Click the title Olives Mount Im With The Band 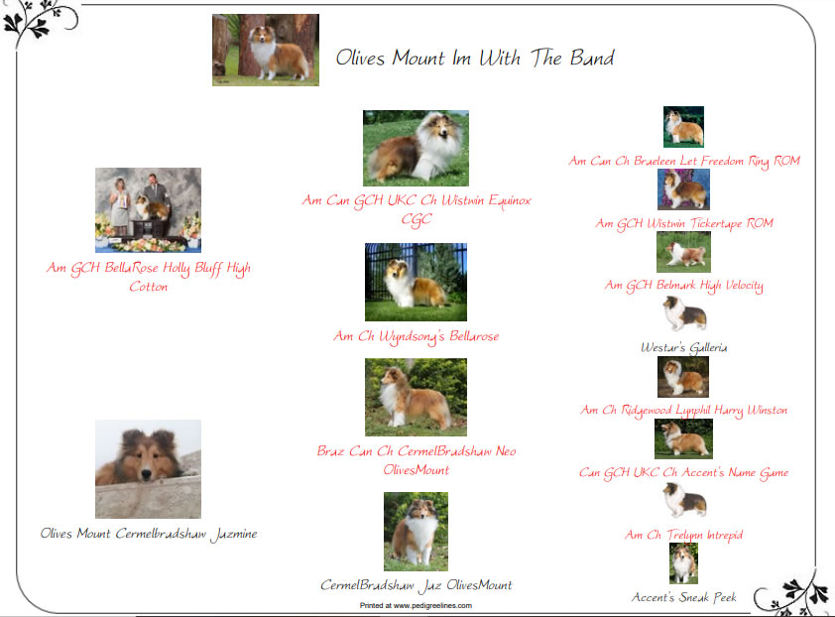click(x=475, y=58)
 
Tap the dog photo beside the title click(x=266, y=50)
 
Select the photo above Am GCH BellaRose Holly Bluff click(x=148, y=210)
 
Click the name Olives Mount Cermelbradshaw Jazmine click(x=149, y=534)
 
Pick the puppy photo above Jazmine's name click(x=148, y=469)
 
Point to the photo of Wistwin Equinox click(x=416, y=148)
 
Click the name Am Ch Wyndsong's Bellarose click(x=416, y=336)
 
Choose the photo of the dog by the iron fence click(x=416, y=282)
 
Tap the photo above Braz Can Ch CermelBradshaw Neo click(x=416, y=397)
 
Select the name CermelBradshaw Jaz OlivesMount click(x=416, y=585)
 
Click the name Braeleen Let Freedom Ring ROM click(x=716, y=161)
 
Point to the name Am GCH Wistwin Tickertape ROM click(x=684, y=223)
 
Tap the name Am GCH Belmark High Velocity click(x=684, y=286)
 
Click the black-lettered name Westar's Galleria click(x=684, y=348)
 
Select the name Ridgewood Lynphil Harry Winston click(x=704, y=411)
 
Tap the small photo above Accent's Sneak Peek click(x=683, y=563)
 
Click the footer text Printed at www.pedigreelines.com click(x=416, y=605)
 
